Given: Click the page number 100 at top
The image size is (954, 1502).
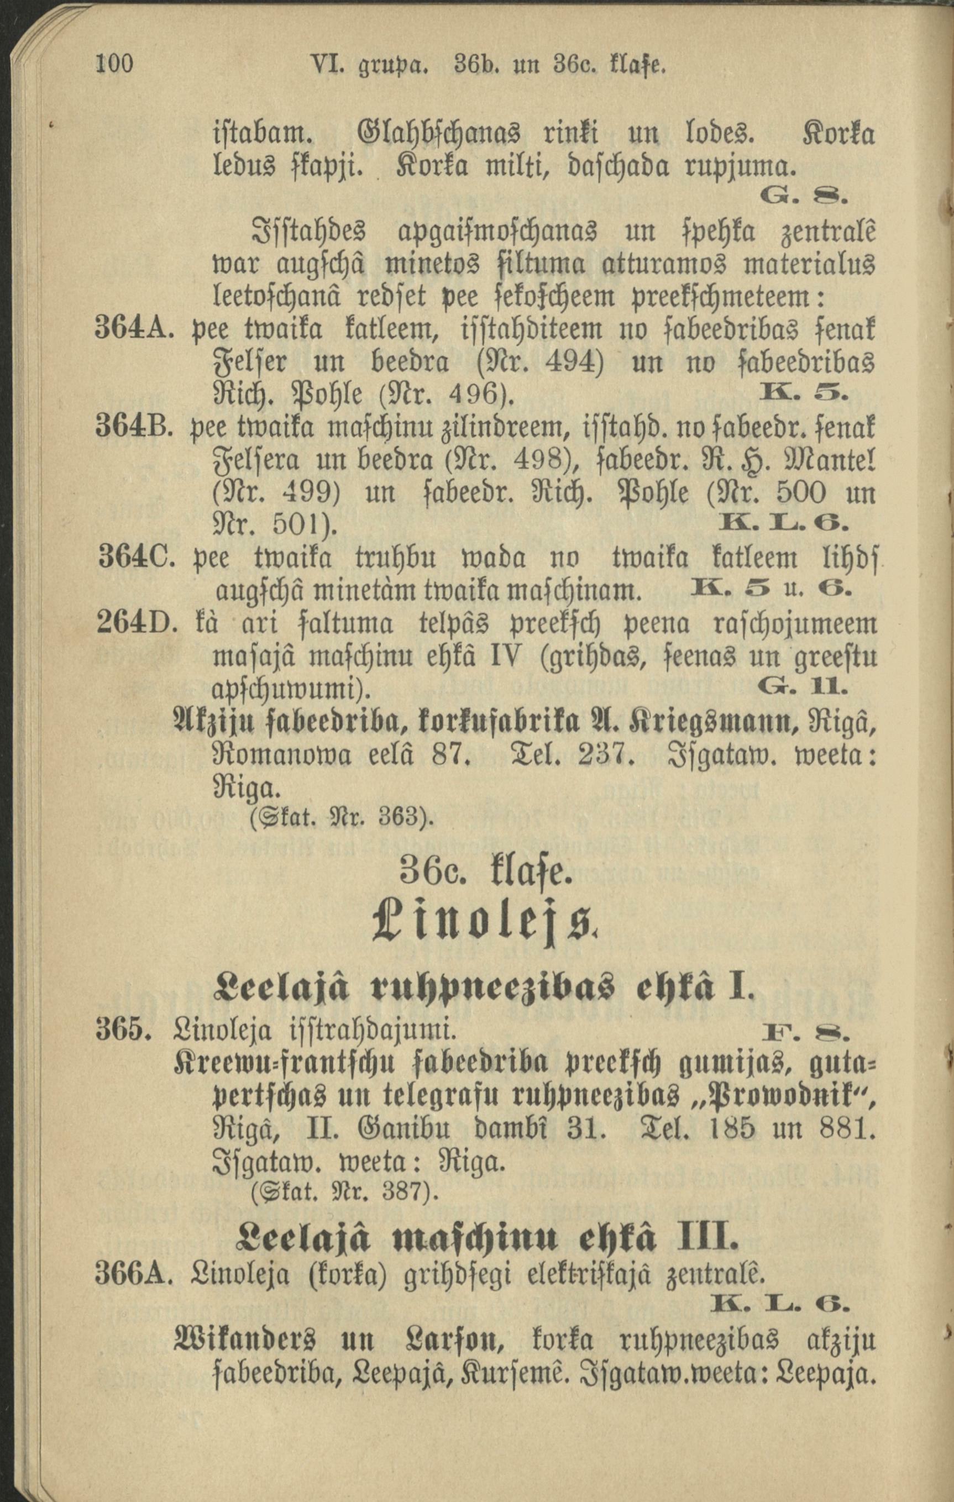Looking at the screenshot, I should pyautogui.click(x=114, y=63).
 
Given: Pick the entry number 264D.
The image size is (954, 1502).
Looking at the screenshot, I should pyautogui.click(x=135, y=624).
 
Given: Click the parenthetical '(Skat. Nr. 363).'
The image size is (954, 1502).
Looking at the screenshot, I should pyautogui.click(x=342, y=816).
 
